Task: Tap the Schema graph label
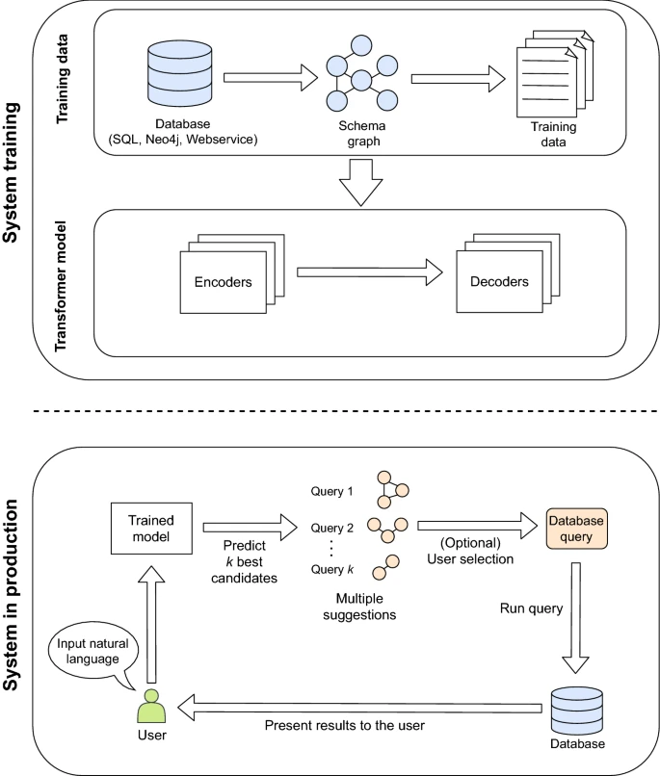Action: [361, 134]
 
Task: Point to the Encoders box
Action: [223, 283]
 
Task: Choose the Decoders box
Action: [499, 283]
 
